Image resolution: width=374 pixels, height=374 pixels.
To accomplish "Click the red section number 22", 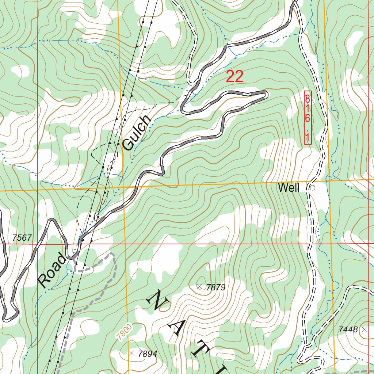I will (234, 77).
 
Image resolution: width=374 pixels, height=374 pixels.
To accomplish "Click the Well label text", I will (289, 188).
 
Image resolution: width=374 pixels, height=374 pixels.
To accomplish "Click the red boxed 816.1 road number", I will (308, 118).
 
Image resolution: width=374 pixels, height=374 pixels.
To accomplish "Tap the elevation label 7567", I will (22, 238).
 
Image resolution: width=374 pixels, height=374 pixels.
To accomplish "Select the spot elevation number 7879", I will (216, 287).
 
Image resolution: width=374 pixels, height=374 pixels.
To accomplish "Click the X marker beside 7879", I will (199, 287).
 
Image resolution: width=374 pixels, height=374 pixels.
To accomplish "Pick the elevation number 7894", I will (148, 354).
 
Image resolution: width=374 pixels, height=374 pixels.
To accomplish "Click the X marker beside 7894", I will (131, 353).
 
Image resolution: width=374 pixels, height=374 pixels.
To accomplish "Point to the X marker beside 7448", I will (364, 329).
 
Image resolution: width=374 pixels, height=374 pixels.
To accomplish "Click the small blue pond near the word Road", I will (69, 272).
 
